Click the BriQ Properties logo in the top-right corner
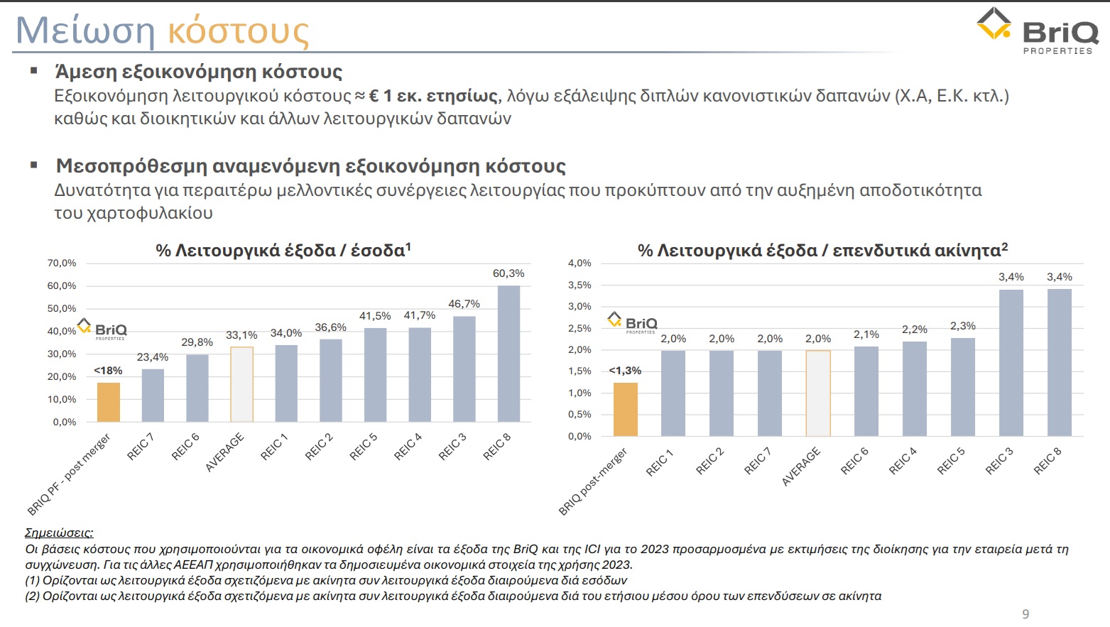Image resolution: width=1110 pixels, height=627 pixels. (1037, 31)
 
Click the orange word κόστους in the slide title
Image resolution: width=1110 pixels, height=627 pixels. (238, 32)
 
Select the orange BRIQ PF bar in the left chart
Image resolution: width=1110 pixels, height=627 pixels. (109, 402)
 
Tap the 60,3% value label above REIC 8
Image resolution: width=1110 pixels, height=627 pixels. (508, 273)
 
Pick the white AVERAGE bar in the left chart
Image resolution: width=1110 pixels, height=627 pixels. (241, 384)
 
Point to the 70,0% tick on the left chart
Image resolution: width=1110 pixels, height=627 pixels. (62, 263)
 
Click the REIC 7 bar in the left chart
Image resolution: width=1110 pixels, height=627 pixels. (153, 395)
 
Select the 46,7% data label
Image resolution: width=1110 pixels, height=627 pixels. (464, 304)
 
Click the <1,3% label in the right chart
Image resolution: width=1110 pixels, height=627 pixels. (625, 371)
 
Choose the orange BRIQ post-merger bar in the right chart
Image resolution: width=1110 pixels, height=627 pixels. (626, 409)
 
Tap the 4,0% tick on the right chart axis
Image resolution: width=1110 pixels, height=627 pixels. (580, 263)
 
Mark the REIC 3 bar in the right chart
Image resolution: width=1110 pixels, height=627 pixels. (1011, 362)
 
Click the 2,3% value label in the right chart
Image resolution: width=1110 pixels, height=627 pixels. (963, 326)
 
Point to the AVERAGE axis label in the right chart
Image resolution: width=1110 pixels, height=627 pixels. (801, 467)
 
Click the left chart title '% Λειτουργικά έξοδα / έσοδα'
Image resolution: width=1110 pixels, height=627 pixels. (283, 250)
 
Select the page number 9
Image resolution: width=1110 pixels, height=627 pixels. (1025, 614)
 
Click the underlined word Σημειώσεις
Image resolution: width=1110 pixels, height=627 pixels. (59, 533)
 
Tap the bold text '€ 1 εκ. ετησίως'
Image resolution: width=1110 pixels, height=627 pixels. (433, 96)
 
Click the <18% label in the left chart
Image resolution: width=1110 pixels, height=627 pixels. (108, 371)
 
